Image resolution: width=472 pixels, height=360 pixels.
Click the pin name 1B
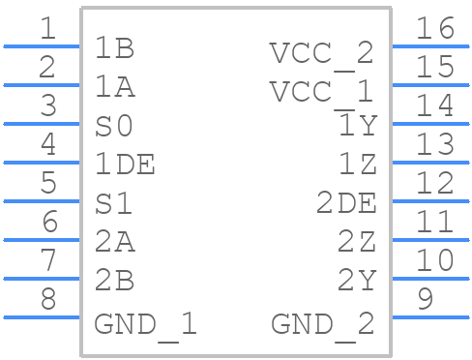pos(114,49)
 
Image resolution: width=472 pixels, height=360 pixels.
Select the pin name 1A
pos(114,88)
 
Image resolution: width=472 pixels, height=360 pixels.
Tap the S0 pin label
pos(114,127)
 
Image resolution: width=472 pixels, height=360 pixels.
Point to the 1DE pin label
pos(125,165)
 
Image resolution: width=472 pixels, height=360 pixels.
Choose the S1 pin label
pos(114,204)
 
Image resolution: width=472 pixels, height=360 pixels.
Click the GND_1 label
pos(145,323)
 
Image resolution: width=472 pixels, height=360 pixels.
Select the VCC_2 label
pos(321,52)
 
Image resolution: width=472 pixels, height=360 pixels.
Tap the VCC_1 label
pos(321,92)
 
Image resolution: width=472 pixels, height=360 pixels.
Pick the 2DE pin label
pos(346,204)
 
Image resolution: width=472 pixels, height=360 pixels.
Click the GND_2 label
pos(322,323)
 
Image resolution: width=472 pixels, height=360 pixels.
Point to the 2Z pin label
pos(356,243)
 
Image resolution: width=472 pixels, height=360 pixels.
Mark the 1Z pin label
pos(356,165)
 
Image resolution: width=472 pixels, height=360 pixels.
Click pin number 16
pos(434,29)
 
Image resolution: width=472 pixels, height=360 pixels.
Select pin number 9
pos(425,300)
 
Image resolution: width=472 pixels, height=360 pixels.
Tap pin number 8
pos(48,300)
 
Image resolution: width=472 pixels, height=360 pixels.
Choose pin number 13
pos(434,145)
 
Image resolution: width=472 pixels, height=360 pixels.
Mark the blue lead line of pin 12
pos(429,200)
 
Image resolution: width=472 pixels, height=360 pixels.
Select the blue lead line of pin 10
pos(429,278)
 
